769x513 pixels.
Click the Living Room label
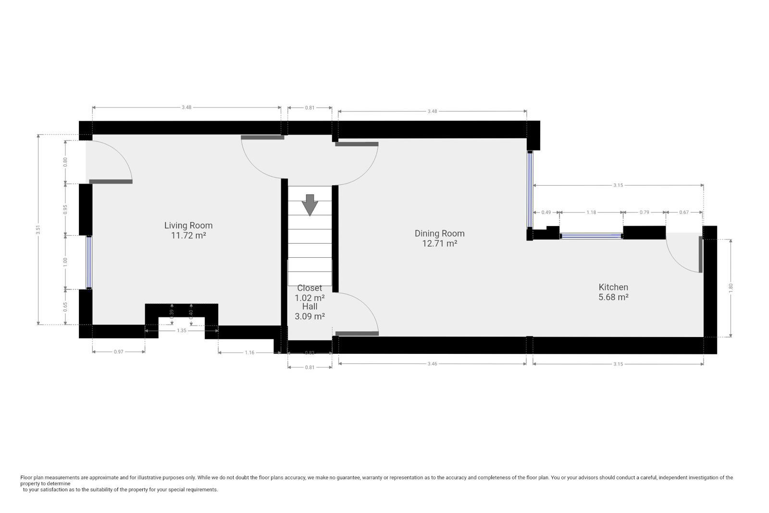188,225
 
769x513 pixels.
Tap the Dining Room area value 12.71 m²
439,243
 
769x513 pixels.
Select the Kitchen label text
613,287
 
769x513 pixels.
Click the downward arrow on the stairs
310,205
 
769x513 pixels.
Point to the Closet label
310,288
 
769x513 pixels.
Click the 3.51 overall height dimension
38,230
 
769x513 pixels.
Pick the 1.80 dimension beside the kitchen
731,287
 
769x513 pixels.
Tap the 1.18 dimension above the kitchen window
591,212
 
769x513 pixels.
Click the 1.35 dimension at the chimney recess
182,330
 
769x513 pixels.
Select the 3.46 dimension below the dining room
432,364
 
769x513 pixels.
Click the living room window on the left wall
89,262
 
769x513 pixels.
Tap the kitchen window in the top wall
591,236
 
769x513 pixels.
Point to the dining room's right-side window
530,189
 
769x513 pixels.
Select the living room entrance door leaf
111,181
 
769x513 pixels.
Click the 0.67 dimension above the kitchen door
684,212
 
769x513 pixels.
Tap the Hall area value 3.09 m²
310,316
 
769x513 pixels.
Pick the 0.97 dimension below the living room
118,352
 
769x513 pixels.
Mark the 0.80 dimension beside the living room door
65,162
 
